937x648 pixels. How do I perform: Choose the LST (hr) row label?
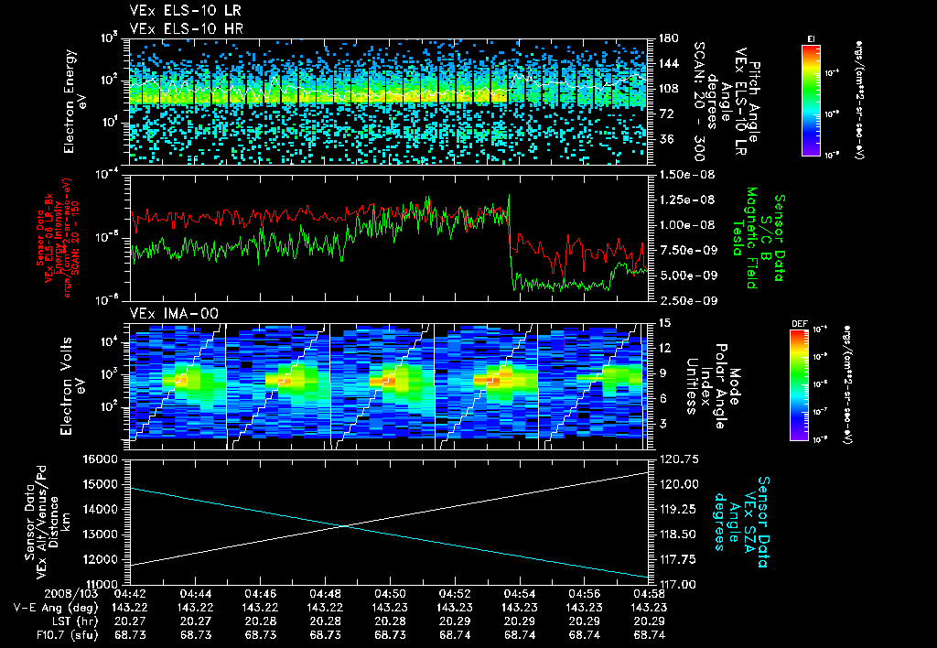(x=37, y=620)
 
